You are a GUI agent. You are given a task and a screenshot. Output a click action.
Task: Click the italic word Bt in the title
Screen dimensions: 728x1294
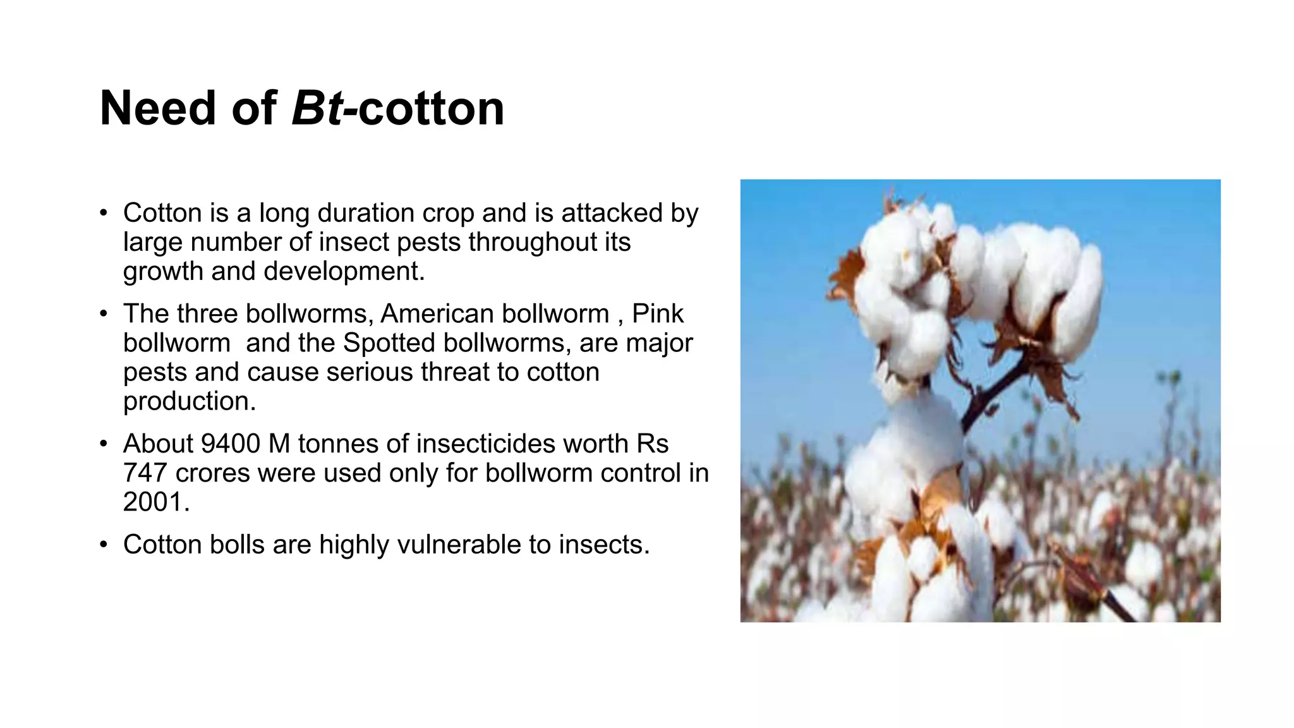tap(317, 108)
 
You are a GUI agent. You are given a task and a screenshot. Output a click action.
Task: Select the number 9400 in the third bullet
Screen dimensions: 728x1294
tap(230, 444)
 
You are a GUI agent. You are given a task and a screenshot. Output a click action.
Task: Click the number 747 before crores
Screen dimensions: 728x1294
tap(145, 473)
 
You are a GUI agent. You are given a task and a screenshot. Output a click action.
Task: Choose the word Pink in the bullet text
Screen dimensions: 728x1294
tap(658, 313)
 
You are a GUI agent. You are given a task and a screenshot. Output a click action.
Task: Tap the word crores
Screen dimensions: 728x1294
tap(213, 473)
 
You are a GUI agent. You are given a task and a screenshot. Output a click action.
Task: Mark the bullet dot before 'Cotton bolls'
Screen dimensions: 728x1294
tap(104, 545)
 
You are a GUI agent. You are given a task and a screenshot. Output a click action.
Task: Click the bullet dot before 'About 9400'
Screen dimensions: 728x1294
tap(104, 444)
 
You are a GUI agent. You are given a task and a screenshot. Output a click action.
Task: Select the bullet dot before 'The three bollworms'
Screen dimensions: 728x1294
tap(104, 314)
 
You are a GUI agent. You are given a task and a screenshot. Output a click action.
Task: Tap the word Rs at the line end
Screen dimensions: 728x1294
tap(653, 444)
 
